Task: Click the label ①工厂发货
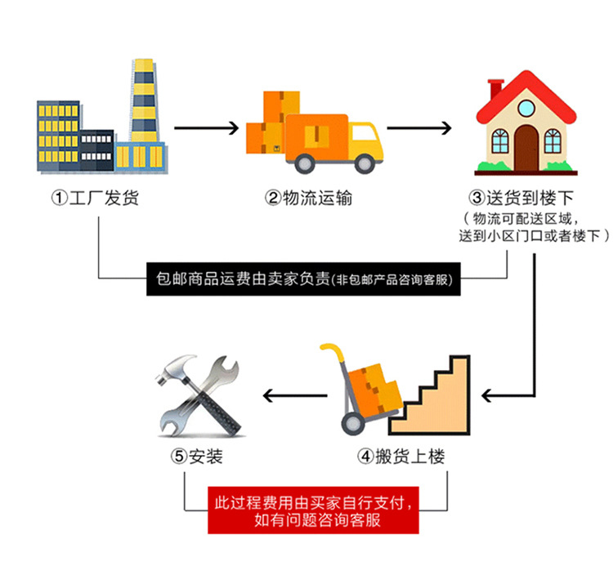(x=95, y=198)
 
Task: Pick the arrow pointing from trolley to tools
(x=293, y=396)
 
